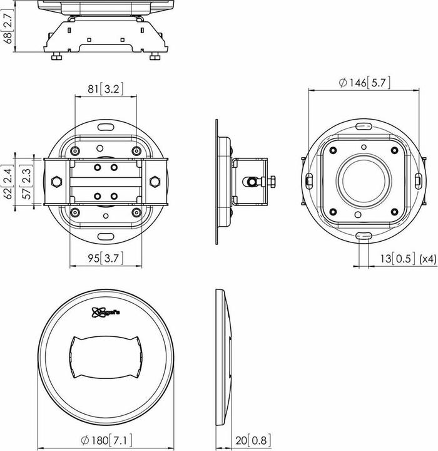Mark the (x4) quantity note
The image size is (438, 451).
[x=427, y=257]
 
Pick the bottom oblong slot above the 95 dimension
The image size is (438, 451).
[x=105, y=236]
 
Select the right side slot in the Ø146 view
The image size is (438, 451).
[x=417, y=180]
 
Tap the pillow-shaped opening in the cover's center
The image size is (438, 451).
[x=104, y=357]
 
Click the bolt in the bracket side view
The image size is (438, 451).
[x=253, y=182]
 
